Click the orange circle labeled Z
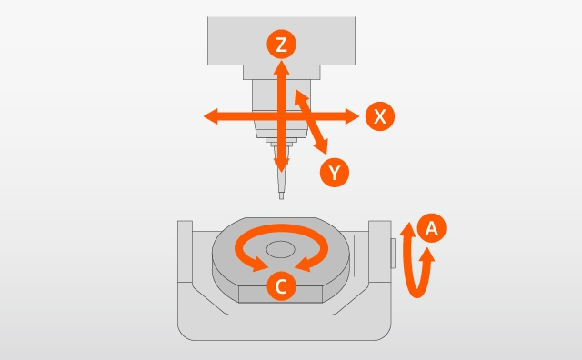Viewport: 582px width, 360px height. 281,45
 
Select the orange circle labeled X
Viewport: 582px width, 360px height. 380,116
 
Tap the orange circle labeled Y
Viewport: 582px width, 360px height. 335,172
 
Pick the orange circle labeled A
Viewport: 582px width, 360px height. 431,228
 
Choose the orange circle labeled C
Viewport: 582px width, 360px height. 281,285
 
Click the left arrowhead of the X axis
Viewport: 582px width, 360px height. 210,116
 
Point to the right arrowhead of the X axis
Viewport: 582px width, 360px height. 352,116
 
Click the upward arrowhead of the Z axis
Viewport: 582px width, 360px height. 281,67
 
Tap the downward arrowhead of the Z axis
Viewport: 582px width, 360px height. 281,165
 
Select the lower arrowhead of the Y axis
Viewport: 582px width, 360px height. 322,145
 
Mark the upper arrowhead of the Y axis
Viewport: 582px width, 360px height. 300,96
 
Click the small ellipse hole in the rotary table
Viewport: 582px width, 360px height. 281,249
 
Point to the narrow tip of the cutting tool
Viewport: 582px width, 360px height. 281,195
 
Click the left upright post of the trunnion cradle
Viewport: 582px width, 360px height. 185,252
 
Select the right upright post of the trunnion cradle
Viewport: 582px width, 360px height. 380,252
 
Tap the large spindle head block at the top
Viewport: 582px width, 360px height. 281,41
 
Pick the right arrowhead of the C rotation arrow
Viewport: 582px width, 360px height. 303,265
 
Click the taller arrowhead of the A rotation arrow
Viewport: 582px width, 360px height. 408,230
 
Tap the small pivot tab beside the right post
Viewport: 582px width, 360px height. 393,253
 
